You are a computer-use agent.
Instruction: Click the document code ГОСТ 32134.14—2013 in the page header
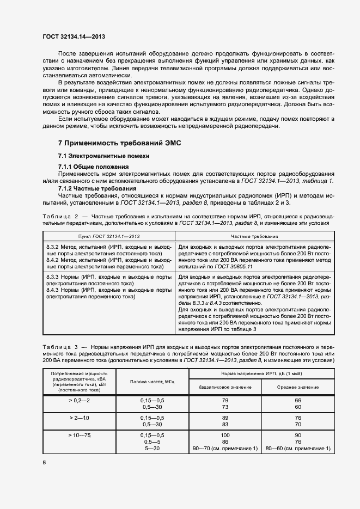[74, 36]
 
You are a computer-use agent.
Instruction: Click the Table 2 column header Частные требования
[254, 237]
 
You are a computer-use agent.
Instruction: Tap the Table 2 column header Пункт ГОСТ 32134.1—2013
[109, 237]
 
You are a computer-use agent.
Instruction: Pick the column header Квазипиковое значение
[225, 387]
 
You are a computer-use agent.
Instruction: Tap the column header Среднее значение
[297, 387]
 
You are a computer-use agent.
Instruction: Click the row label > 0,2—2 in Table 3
[80, 400]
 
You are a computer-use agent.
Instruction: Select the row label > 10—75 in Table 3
[80, 436]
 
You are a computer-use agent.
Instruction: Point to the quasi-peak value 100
[225, 436]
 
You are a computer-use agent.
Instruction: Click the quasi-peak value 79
[225, 400]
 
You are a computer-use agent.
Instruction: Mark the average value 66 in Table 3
[297, 400]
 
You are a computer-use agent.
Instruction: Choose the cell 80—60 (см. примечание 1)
[297, 448]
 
